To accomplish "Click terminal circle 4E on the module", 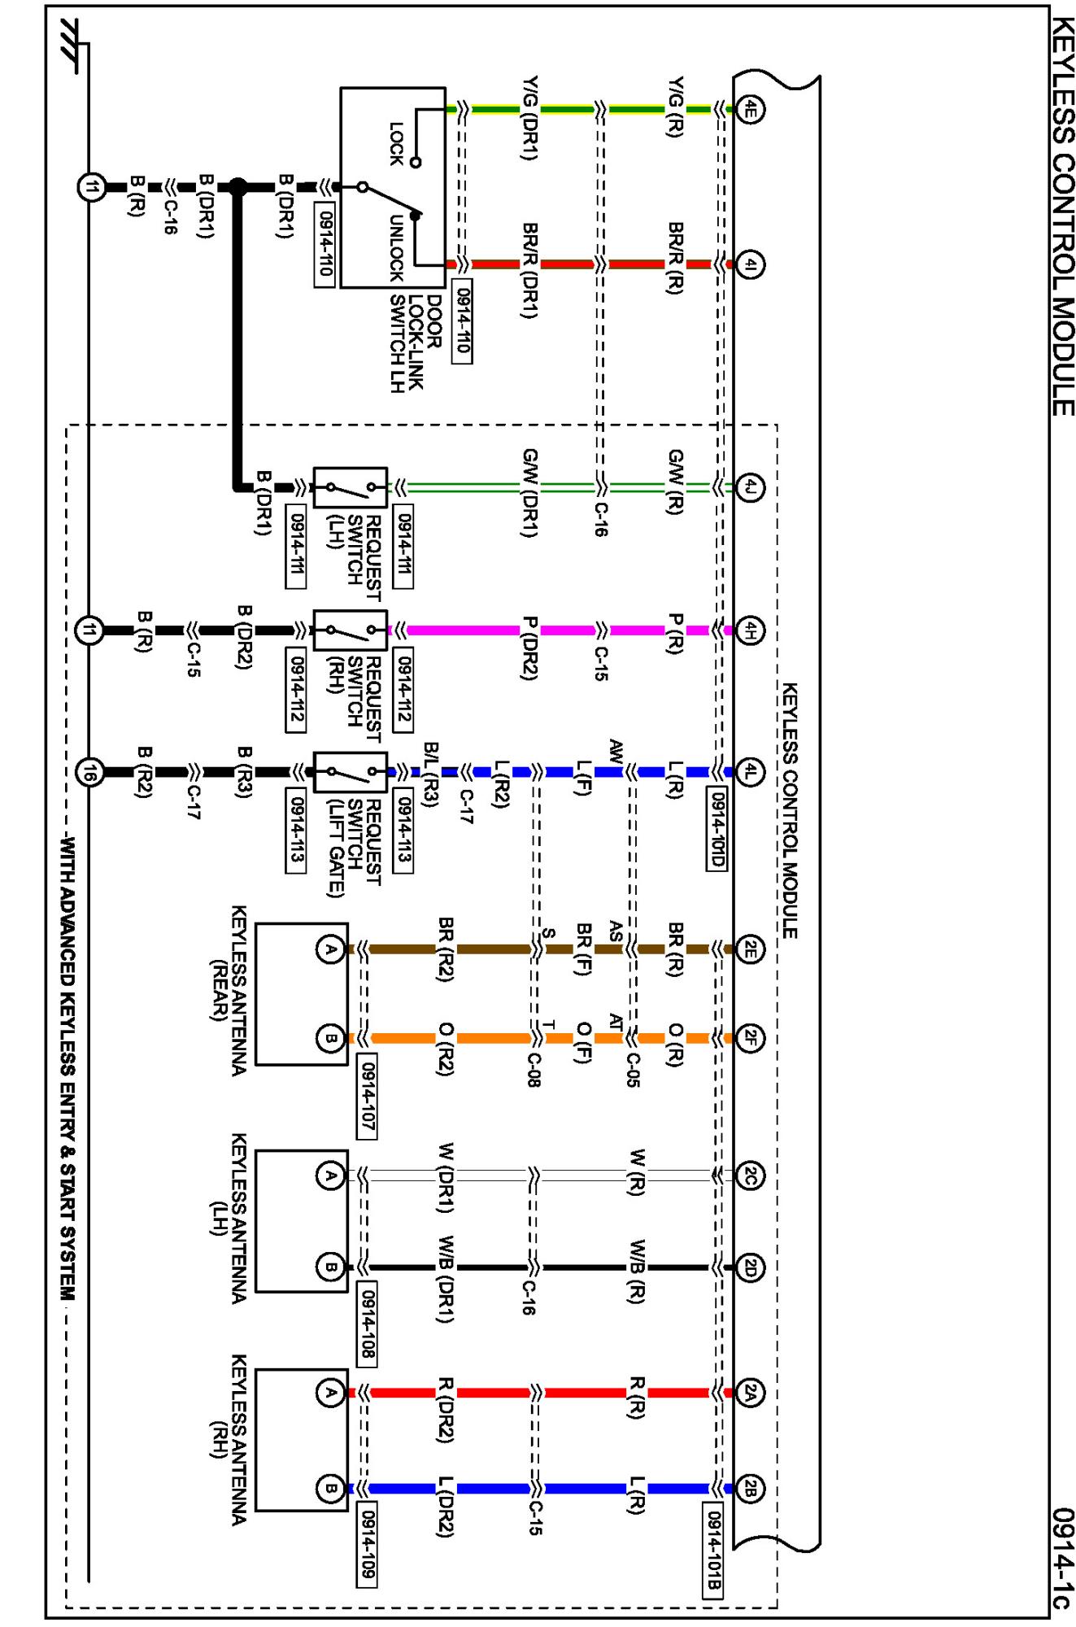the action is pyautogui.click(x=750, y=108).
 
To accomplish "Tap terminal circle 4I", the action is pyautogui.click(x=750, y=264).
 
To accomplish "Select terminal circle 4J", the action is pyautogui.click(x=750, y=488).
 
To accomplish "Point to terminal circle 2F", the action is pyautogui.click(x=750, y=1037).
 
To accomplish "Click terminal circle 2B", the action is pyautogui.click(x=750, y=1489).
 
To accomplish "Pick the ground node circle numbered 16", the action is pyautogui.click(x=89, y=771).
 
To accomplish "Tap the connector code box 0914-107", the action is pyautogui.click(x=368, y=1095).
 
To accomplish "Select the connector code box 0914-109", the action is pyautogui.click(x=368, y=1545).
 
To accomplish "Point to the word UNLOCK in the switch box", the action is pyautogui.click(x=396, y=248).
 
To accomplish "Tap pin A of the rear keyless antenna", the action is pyautogui.click(x=330, y=949).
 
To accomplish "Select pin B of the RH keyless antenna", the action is pyautogui.click(x=330, y=1489).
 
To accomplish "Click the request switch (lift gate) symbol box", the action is pyautogui.click(x=351, y=771).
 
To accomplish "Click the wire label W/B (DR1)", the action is pyautogui.click(x=446, y=1278).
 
